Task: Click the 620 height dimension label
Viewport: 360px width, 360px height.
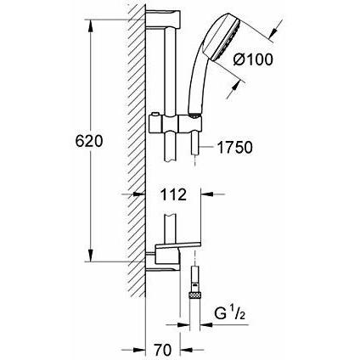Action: pos(89,141)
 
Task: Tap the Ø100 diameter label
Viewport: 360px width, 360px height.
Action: pos(253,59)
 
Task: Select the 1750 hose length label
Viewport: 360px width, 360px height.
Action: pos(234,148)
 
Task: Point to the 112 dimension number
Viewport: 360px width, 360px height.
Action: pos(173,194)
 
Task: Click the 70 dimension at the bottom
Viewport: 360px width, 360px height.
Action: pos(163,350)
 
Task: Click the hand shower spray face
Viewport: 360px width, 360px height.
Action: pos(227,41)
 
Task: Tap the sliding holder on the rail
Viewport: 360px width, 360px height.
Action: pos(175,124)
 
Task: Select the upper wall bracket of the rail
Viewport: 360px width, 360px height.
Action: pos(163,20)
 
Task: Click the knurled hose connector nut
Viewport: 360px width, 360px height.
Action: pos(194,295)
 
